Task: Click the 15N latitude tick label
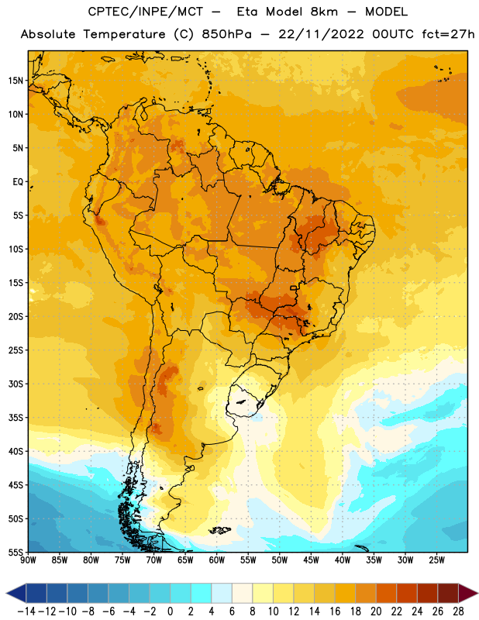coord(16,81)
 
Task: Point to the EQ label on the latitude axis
coord(18,182)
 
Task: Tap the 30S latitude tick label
coord(16,384)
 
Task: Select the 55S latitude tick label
coord(16,552)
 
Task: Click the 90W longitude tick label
coord(28,560)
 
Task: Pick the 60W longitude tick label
coord(217,560)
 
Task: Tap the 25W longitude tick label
coord(436,560)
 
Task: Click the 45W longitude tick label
coord(311,560)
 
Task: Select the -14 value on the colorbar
coord(26,611)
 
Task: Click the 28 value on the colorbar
coord(458,611)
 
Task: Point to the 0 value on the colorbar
coord(170,611)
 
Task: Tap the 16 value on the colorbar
coord(335,611)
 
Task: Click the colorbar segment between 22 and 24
coord(407,593)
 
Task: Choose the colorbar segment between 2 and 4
coord(202,593)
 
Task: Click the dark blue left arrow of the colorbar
coord(16,593)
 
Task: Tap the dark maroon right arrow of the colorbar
coord(468,593)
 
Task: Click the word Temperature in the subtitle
coord(124,34)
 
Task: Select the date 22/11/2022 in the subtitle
coord(321,34)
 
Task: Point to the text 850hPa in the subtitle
coord(226,34)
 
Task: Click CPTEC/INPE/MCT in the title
coord(145,12)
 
